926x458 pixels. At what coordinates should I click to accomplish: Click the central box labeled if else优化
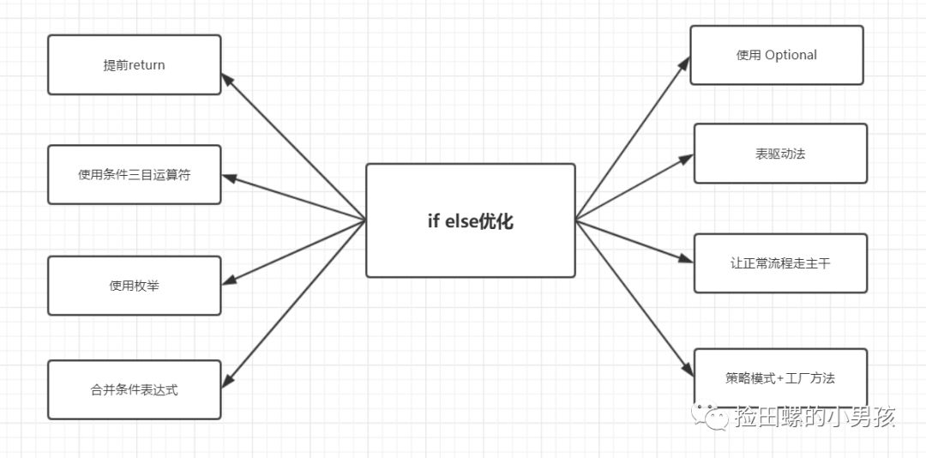(x=470, y=220)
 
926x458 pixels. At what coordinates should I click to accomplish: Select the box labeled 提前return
(x=134, y=64)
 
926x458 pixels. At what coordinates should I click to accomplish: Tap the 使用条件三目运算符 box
(x=134, y=175)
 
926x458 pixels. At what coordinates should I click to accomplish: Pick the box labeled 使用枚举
(x=134, y=286)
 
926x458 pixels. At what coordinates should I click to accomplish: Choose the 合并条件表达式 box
(x=134, y=389)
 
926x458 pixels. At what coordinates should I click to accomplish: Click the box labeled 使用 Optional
(x=776, y=55)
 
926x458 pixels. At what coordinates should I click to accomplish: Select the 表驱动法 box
(x=780, y=154)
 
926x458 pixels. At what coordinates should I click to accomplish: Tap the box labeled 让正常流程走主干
(x=780, y=263)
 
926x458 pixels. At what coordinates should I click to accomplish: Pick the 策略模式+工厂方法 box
(x=780, y=377)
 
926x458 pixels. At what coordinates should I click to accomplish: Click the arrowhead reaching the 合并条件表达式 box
(x=228, y=380)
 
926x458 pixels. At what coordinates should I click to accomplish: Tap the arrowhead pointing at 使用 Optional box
(x=685, y=63)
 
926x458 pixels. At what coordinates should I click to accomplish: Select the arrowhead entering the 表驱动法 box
(x=687, y=158)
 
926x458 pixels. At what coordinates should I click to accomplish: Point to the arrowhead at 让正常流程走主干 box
(x=687, y=258)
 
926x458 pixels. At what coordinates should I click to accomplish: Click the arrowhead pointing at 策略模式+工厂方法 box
(x=688, y=370)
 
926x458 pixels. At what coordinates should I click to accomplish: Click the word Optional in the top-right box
(x=791, y=55)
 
